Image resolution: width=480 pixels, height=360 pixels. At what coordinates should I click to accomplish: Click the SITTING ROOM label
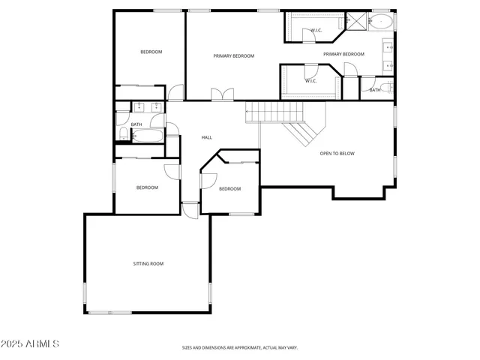[x=148, y=264]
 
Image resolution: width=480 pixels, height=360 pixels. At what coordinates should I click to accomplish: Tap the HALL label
[x=207, y=137]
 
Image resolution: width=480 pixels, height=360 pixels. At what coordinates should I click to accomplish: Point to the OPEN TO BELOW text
[x=337, y=154]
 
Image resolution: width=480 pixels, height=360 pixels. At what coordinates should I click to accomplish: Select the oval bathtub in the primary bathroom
[x=382, y=21]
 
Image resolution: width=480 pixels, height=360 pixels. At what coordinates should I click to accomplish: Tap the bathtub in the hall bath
[x=148, y=135]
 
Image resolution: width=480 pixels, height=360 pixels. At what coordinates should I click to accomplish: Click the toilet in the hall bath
[x=123, y=135]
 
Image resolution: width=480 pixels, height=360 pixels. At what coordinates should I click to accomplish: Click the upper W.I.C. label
[x=316, y=31]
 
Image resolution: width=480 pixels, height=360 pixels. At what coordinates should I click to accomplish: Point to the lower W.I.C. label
[x=310, y=81]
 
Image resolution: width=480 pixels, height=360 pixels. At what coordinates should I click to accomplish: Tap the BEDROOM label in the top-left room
[x=151, y=52]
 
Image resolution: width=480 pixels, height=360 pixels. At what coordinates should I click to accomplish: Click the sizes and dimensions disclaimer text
[x=240, y=348]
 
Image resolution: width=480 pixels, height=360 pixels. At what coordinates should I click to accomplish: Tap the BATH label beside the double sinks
[x=136, y=124]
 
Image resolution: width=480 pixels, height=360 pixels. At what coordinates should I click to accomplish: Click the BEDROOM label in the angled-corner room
[x=229, y=189]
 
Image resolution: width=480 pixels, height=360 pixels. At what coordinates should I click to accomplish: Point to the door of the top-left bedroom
[x=175, y=93]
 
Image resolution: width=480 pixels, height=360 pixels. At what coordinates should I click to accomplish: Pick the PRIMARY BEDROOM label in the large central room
[x=233, y=56]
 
